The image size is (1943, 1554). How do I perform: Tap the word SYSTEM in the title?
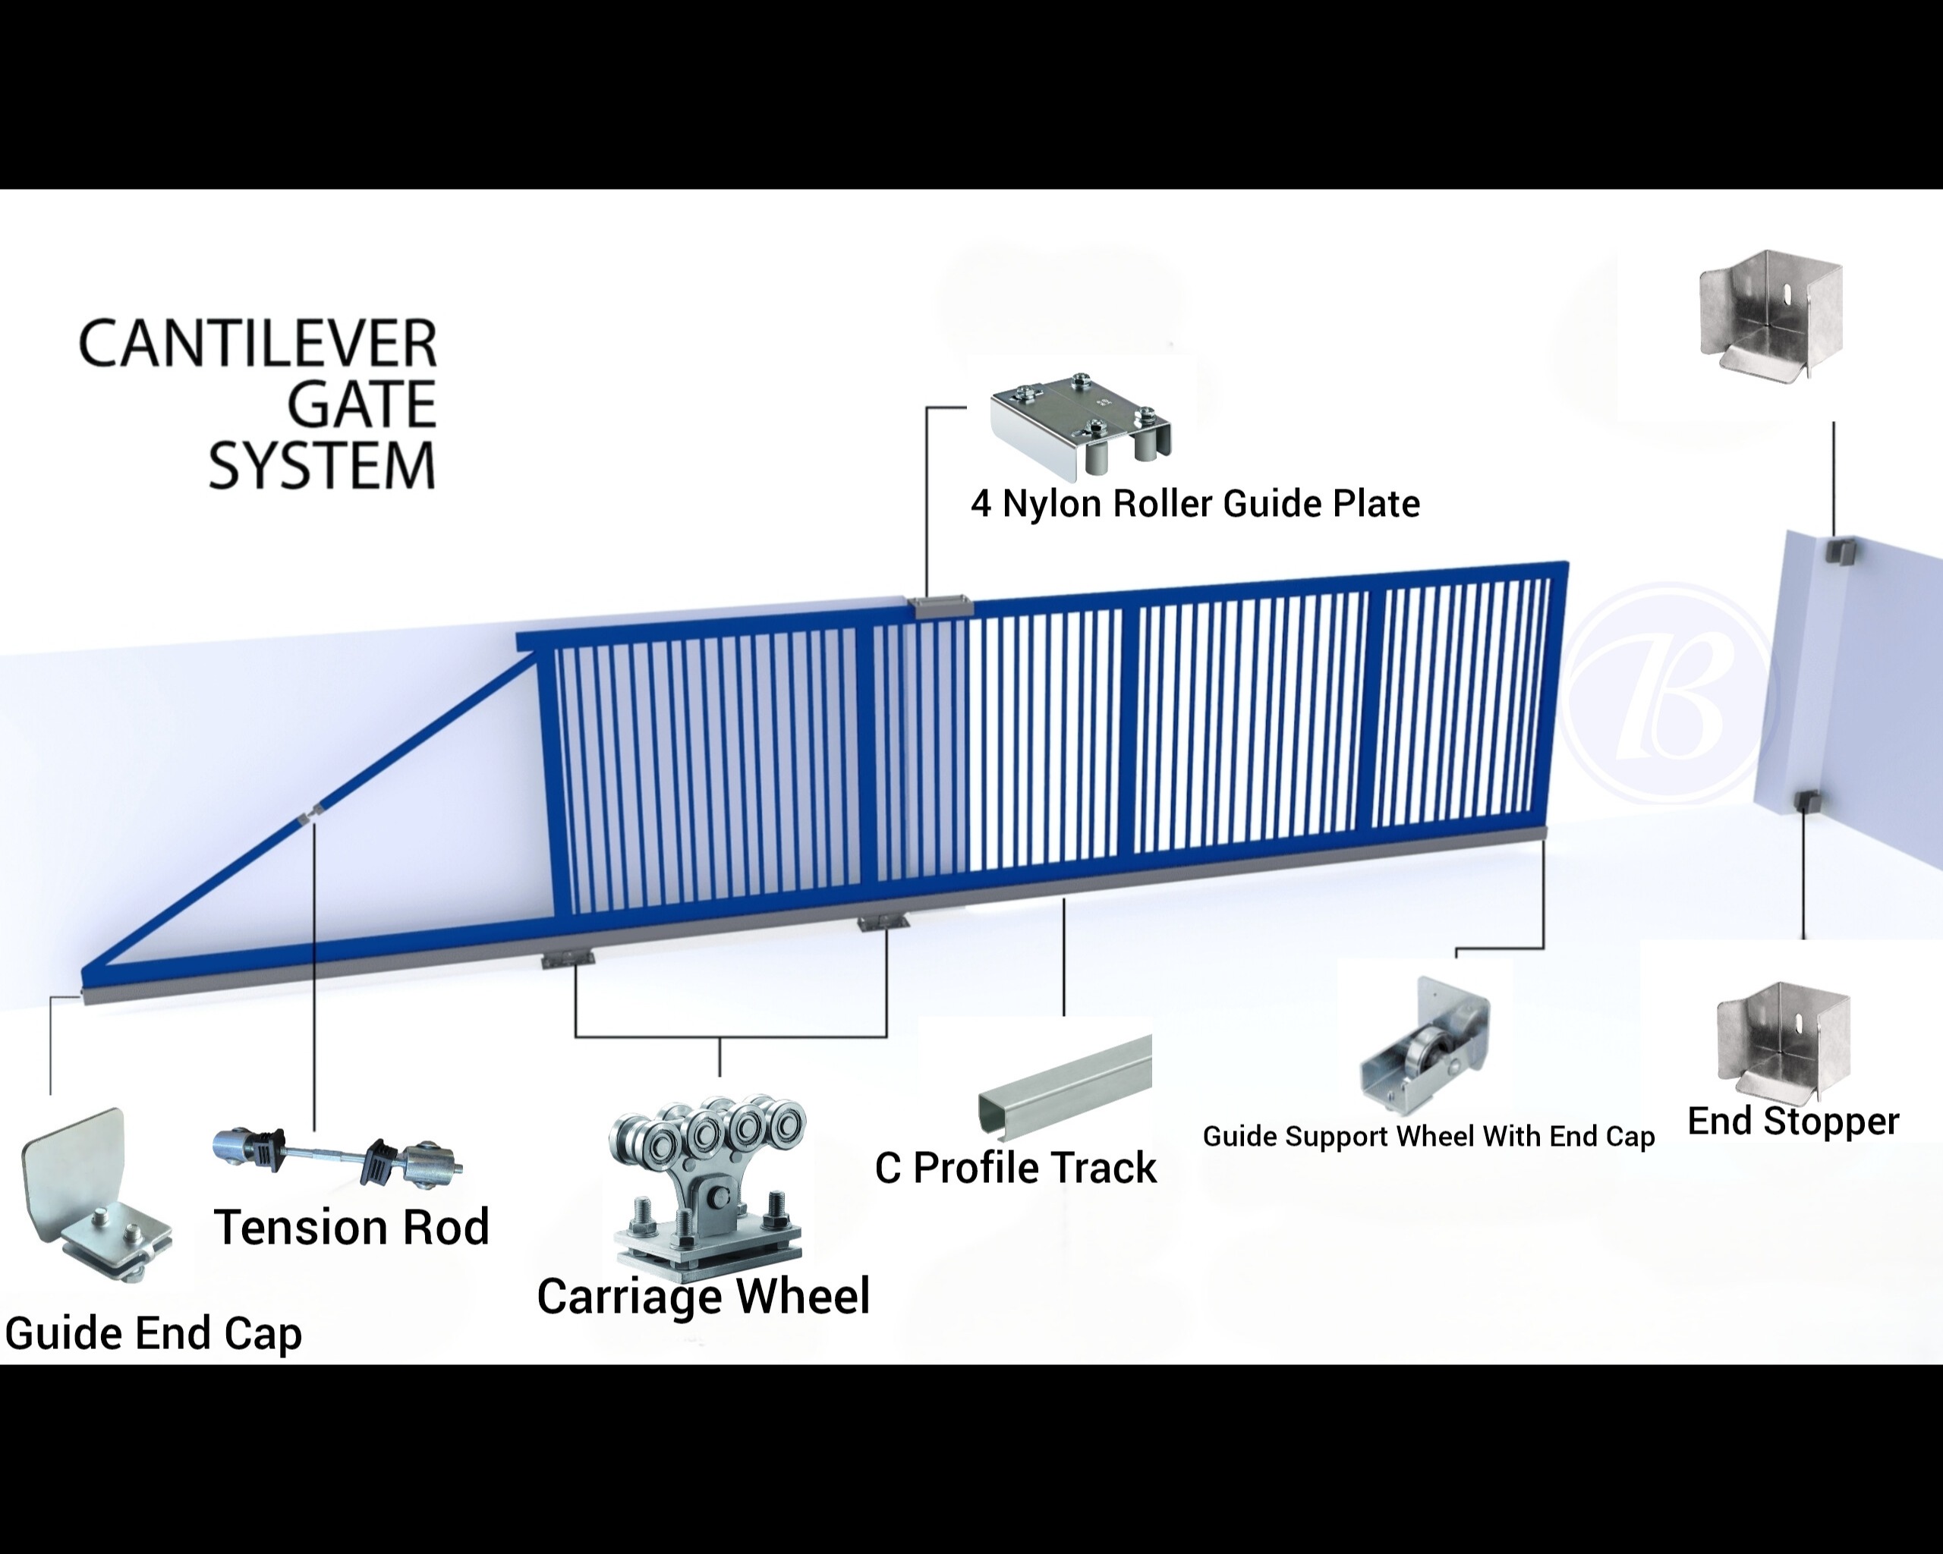(322, 466)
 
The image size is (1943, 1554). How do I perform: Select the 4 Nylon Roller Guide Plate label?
(1195, 504)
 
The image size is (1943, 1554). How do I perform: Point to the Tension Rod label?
(351, 1227)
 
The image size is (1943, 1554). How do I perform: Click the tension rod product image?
(337, 1155)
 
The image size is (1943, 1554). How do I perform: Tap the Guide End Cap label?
(153, 1333)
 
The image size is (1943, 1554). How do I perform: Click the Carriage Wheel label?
(703, 1296)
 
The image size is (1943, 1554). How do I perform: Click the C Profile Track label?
(1016, 1169)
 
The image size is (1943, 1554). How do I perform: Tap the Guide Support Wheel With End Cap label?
(1428, 1137)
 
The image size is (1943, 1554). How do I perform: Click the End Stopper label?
(1793, 1121)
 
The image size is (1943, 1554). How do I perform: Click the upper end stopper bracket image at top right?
(1770, 316)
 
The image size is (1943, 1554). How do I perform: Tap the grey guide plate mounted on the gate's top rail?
(942, 607)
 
